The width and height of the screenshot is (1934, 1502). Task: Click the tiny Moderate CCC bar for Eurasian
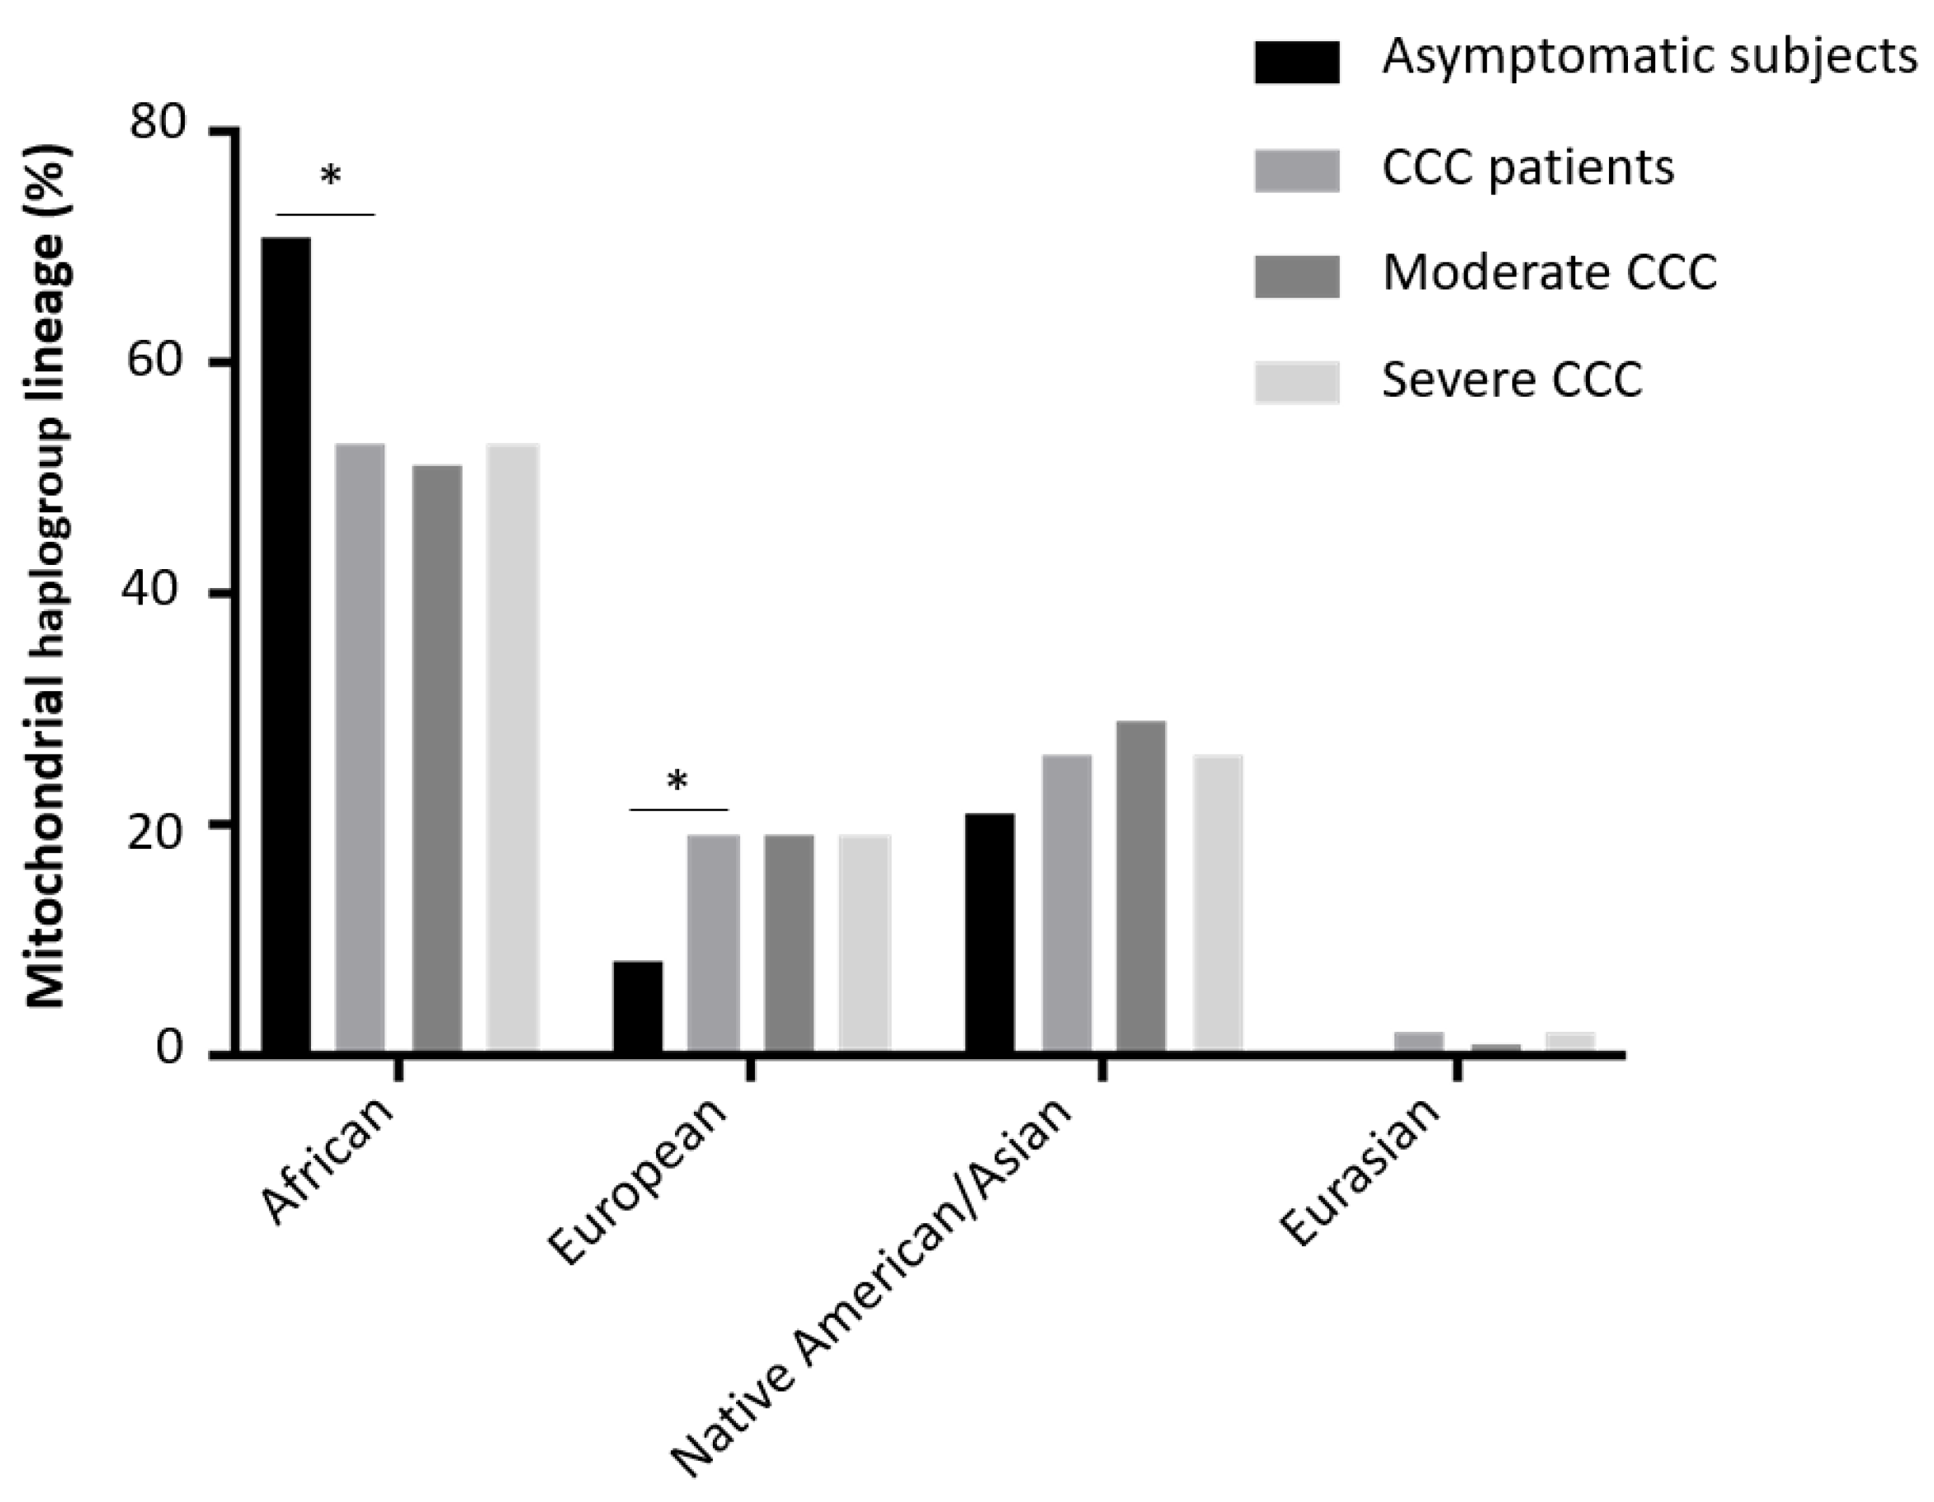pos(1496,1048)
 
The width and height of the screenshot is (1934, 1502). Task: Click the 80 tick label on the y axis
pos(158,121)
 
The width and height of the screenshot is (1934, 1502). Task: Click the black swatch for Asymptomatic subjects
pos(1296,62)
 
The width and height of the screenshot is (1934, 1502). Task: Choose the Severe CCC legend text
pos(1512,379)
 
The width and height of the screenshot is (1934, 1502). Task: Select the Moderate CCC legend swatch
pos(1296,275)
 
